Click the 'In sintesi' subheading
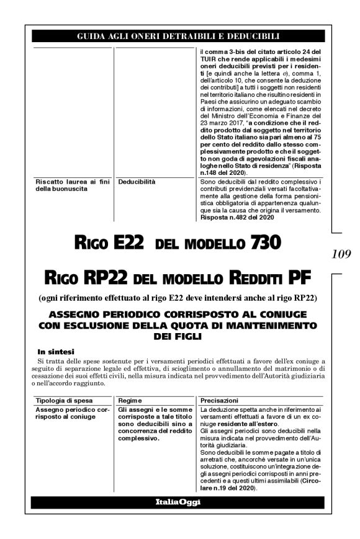[x=55, y=350]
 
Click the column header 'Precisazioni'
[x=220, y=401]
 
